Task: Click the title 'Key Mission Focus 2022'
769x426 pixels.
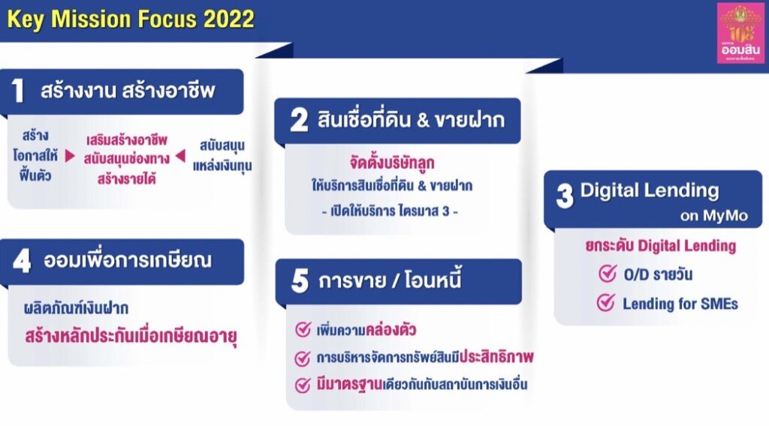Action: pos(131,19)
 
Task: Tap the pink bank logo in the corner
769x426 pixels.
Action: pos(740,33)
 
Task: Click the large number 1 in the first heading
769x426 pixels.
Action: pos(18,91)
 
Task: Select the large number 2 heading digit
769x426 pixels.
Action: pos(299,120)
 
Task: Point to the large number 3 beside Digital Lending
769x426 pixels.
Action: pos(565,196)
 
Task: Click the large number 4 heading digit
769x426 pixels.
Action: pos(22,261)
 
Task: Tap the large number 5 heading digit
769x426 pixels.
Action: pos(300,281)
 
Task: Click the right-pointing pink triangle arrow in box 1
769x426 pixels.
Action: pos(70,156)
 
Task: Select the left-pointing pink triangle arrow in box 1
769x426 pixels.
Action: pos(180,156)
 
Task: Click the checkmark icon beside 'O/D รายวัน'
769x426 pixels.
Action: pos(608,273)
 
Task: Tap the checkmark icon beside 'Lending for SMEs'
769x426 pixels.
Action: pos(606,302)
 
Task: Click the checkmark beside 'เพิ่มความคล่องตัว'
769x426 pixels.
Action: pos(303,329)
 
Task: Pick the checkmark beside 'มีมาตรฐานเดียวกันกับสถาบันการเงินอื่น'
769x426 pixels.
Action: pos(303,385)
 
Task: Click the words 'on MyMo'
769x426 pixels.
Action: pos(713,216)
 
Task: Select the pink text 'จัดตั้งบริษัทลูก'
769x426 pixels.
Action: pos(392,162)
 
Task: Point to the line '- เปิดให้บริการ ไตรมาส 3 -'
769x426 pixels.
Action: pos(390,211)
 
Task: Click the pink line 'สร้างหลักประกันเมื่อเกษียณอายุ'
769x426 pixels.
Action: pos(131,337)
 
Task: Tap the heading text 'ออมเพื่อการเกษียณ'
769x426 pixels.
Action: pos(128,260)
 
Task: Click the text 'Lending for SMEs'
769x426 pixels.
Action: pos(680,304)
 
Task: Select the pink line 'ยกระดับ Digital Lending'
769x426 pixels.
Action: pos(661,245)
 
